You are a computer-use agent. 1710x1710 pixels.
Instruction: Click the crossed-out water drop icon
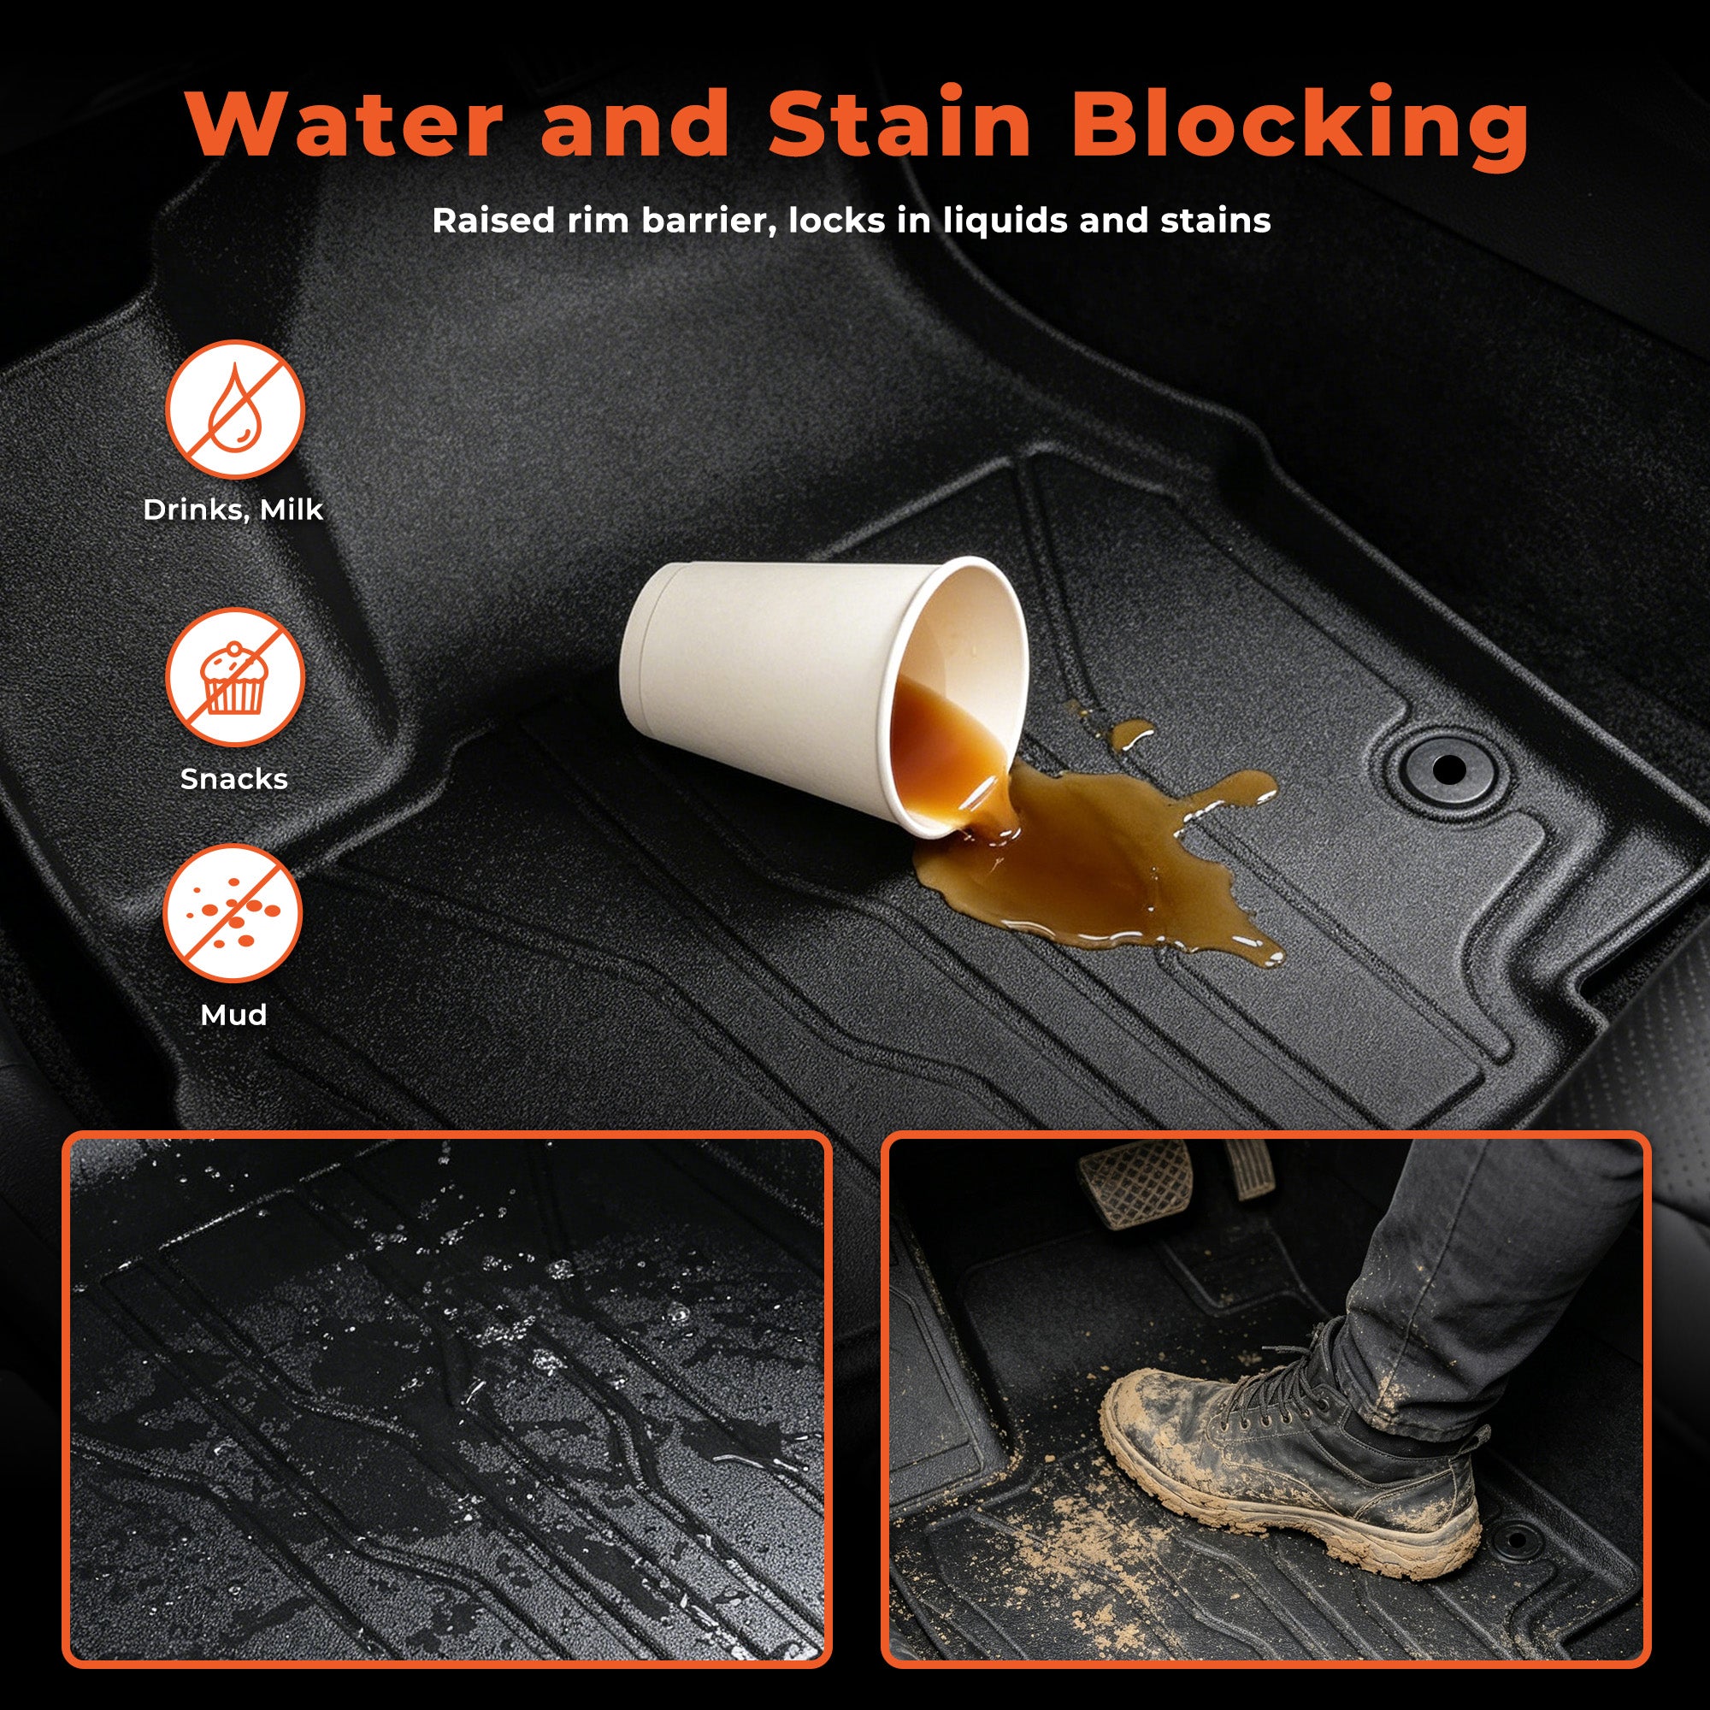[234, 409]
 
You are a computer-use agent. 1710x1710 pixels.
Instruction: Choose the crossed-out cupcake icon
[234, 677]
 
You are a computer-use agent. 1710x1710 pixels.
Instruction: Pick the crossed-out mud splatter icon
[233, 912]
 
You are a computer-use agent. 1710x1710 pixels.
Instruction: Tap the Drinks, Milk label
[233, 510]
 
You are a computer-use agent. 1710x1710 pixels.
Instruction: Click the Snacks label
[233, 779]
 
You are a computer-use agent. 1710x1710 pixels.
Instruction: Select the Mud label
[233, 1014]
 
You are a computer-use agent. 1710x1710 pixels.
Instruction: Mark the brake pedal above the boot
[1134, 1182]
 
